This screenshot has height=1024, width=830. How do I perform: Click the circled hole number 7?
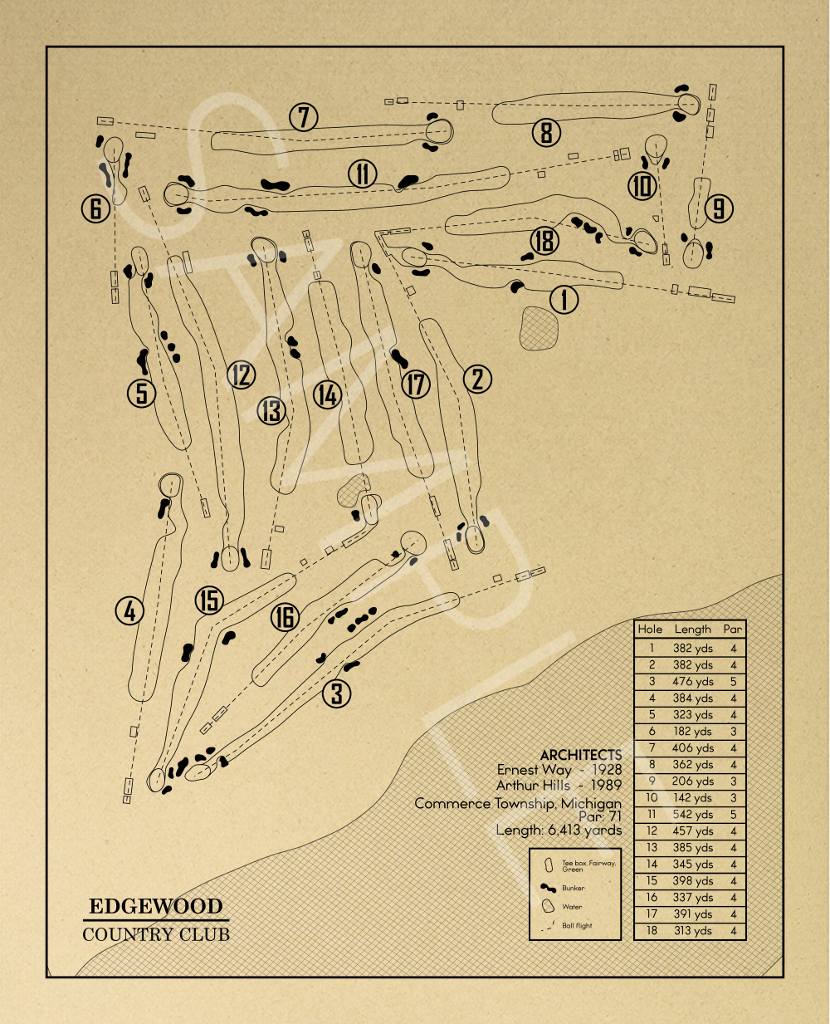tap(304, 118)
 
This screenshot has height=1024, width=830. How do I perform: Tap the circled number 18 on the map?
tap(544, 241)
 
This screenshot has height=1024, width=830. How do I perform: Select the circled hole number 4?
tap(129, 612)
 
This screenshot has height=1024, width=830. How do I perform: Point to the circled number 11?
tap(363, 174)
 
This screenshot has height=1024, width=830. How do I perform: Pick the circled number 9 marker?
tap(719, 208)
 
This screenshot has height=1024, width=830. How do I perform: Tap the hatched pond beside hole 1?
tap(538, 327)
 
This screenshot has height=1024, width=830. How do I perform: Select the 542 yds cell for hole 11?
tap(693, 815)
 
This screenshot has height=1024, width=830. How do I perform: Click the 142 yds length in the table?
tap(693, 798)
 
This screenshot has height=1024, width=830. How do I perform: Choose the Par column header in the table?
tap(732, 630)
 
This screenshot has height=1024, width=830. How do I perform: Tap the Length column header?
tap(692, 630)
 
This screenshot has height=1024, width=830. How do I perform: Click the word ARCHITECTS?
tap(580, 755)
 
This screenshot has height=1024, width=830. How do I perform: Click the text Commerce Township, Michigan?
tap(518, 803)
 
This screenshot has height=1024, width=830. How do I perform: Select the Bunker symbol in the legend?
tap(548, 888)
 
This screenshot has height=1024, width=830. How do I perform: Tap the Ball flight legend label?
tap(577, 925)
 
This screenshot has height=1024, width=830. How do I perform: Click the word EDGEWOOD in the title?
tap(156, 906)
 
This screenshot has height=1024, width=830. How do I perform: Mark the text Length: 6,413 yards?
tap(559, 830)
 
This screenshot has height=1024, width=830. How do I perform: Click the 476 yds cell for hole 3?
tap(693, 682)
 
